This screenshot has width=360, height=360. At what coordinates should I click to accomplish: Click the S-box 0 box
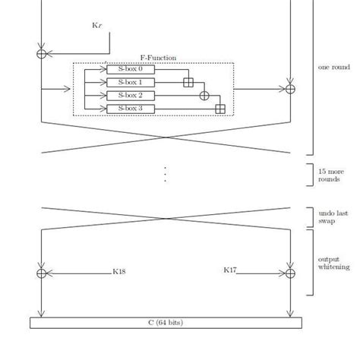pyautogui.click(x=131, y=69)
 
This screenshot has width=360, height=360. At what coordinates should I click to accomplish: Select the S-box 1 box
pyautogui.click(x=131, y=83)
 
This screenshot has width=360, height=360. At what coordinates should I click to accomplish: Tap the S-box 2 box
pyautogui.click(x=131, y=96)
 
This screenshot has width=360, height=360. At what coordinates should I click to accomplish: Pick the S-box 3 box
pyautogui.click(x=131, y=109)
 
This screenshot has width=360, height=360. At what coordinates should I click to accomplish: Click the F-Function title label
pyautogui.click(x=158, y=58)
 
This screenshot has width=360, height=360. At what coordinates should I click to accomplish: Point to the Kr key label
pyautogui.click(x=97, y=25)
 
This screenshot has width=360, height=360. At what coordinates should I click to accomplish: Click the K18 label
pyautogui.click(x=119, y=272)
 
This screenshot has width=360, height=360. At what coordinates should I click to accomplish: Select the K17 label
pyautogui.click(x=230, y=270)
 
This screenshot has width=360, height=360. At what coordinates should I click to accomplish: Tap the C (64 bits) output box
pyautogui.click(x=166, y=323)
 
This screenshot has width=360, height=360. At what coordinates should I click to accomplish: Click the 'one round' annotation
pyautogui.click(x=334, y=67)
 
